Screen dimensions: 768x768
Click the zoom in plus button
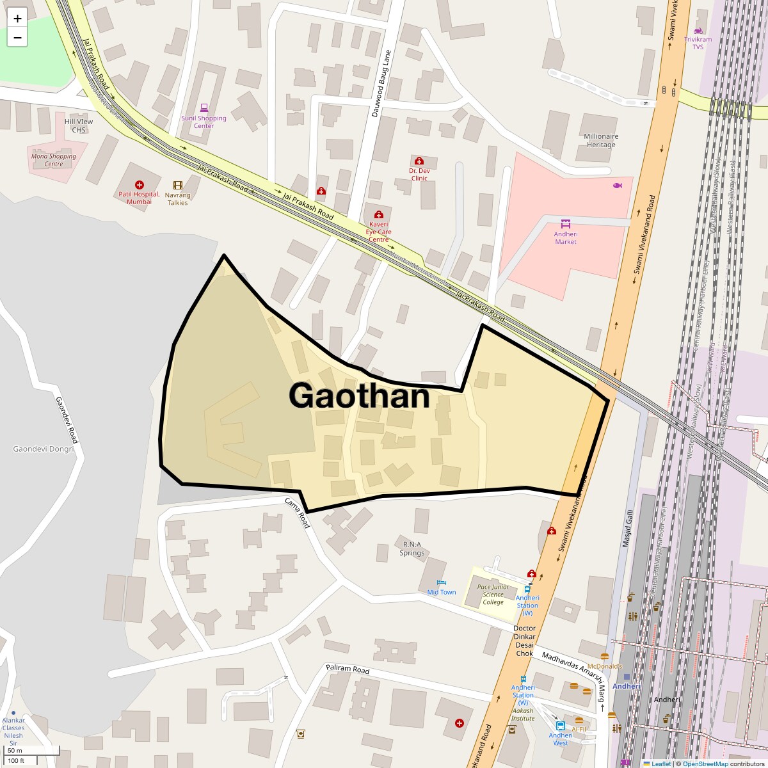click(17, 18)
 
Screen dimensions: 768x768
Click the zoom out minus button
click(17, 37)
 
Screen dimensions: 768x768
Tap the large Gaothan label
click(359, 396)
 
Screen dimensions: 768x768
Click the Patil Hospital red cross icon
click(140, 185)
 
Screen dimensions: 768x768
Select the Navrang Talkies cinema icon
click(178, 186)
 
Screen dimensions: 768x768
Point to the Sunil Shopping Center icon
click(204, 108)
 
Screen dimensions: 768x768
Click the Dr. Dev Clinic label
click(419, 174)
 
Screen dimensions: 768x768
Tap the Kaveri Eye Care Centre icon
click(379, 215)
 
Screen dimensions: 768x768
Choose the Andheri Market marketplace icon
click(566, 223)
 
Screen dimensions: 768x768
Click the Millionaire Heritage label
click(600, 140)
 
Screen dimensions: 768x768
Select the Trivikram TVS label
click(698, 43)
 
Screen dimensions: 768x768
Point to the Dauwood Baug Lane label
click(381, 84)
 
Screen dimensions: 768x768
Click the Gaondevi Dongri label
click(44, 449)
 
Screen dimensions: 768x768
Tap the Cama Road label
click(298, 513)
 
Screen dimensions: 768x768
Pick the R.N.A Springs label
click(412, 548)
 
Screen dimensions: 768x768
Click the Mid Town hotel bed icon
click(441, 582)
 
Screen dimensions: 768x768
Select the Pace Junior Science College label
click(493, 594)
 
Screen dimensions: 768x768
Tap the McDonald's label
click(605, 666)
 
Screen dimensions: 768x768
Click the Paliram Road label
click(348, 669)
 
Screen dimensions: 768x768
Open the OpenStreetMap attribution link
click(705, 764)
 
